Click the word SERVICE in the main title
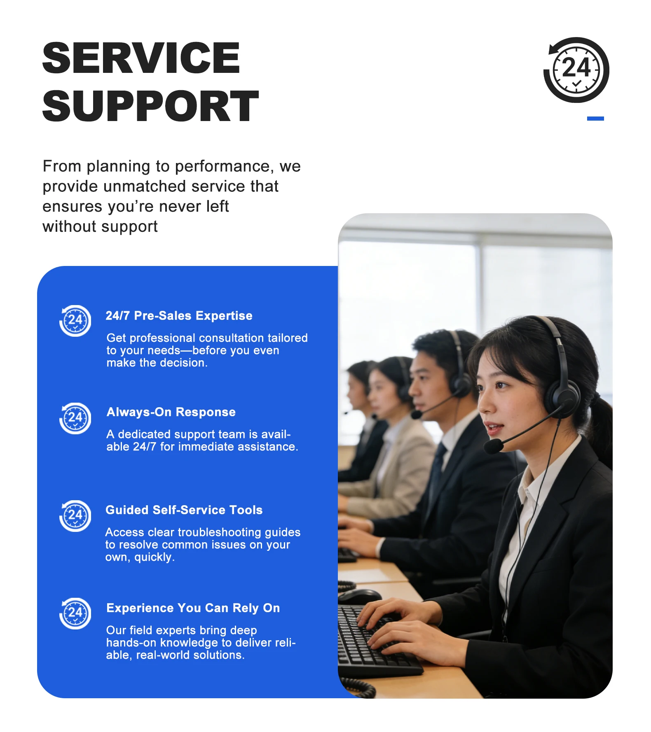(141, 58)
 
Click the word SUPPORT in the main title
(150, 106)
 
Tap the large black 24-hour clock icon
(576, 70)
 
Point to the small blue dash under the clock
(595, 119)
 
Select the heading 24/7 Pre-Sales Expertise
(179, 316)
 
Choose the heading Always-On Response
(171, 412)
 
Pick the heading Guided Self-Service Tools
(184, 510)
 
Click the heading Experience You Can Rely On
(193, 608)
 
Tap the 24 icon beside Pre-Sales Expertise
(75, 321)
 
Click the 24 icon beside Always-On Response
(75, 418)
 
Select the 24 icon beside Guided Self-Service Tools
(75, 516)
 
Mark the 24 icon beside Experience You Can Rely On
(75, 613)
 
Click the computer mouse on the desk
(360, 596)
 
